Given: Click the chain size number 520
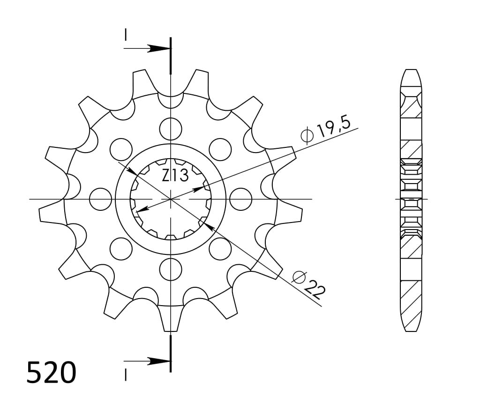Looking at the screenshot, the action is coord(51,372).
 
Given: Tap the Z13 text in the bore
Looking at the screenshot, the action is coord(175,176).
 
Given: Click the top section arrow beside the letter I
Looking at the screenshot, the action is coord(147,48).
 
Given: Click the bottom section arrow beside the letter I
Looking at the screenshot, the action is coord(147,361).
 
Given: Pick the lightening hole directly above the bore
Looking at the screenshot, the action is coord(171,129).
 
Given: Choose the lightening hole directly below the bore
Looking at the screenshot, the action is coord(171,269).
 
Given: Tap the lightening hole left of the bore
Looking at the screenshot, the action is coord(100,199).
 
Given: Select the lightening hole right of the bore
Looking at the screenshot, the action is coord(240,199).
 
